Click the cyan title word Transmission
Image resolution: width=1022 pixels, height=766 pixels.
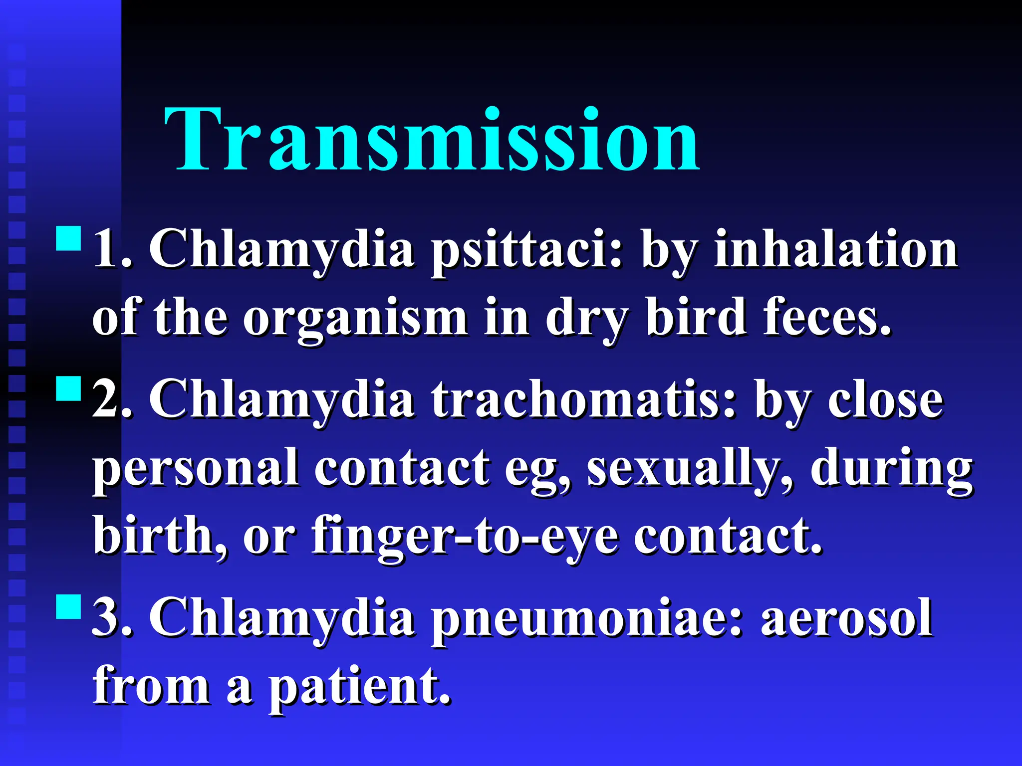point(432,140)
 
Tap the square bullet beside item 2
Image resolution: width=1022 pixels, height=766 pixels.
point(69,389)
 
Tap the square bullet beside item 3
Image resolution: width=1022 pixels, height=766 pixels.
point(69,606)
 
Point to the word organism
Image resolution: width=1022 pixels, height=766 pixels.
point(355,319)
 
